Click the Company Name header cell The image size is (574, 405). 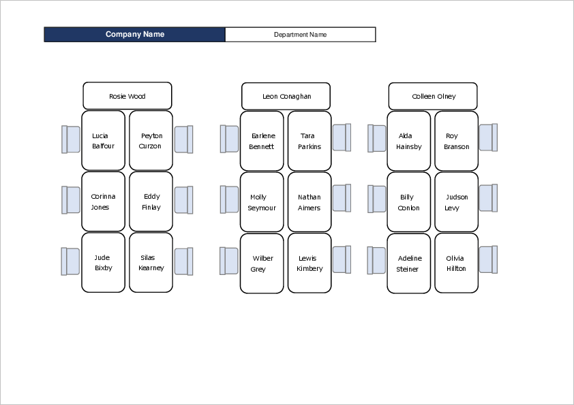[x=134, y=35]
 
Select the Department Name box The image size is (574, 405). [x=300, y=35]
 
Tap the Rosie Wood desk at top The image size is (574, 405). [x=127, y=96]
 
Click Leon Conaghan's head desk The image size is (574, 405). [x=286, y=96]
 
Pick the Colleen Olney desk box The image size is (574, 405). [x=433, y=96]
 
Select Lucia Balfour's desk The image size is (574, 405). [x=104, y=141]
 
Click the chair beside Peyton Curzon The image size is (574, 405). [x=183, y=140]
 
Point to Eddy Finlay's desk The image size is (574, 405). [x=151, y=201]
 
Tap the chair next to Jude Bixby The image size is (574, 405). [x=71, y=261]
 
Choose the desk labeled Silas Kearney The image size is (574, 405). [x=151, y=263]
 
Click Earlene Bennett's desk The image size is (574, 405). [x=262, y=141]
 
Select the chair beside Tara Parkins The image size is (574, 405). [x=342, y=137]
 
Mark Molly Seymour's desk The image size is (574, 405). [x=262, y=202]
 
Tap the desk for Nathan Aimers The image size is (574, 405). [x=309, y=202]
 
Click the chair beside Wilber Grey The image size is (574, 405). [x=229, y=261]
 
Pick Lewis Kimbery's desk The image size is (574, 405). [x=309, y=263]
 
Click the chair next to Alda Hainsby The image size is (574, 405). [x=377, y=138]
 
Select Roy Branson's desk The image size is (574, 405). [x=457, y=141]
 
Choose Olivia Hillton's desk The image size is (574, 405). [x=457, y=263]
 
